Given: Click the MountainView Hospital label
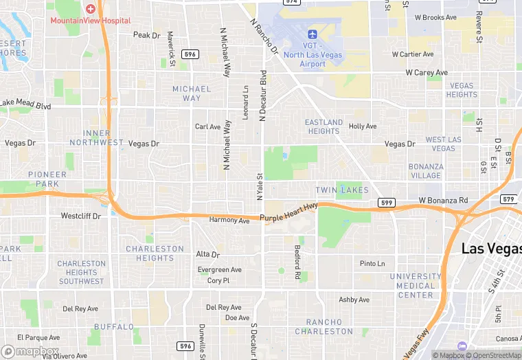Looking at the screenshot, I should pyautogui.click(x=90, y=21).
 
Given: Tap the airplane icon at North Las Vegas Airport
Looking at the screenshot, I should pyautogui.click(x=313, y=34).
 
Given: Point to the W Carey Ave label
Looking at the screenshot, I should pyautogui.click(x=427, y=72).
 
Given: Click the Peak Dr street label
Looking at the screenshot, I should pyautogui.click(x=146, y=35).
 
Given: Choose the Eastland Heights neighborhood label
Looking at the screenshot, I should pyautogui.click(x=324, y=126).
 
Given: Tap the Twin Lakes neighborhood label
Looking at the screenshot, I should pyautogui.click(x=342, y=190).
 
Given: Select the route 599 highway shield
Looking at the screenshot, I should pyautogui.click(x=386, y=203).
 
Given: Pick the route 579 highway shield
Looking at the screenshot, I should pyautogui.click(x=508, y=199).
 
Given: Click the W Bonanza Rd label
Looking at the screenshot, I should pyautogui.click(x=443, y=201).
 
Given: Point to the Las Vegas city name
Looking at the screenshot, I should pyautogui.click(x=491, y=248).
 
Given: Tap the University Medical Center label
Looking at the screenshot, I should pyautogui.click(x=416, y=286).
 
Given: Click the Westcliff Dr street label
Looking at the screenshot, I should pyautogui.click(x=81, y=216).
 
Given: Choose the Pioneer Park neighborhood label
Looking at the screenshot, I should pyautogui.click(x=48, y=180).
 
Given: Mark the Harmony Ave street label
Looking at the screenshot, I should pyautogui.click(x=229, y=221).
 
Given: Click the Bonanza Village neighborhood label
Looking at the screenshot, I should pyautogui.click(x=426, y=171).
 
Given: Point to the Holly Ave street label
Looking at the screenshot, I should pyautogui.click(x=363, y=126).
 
